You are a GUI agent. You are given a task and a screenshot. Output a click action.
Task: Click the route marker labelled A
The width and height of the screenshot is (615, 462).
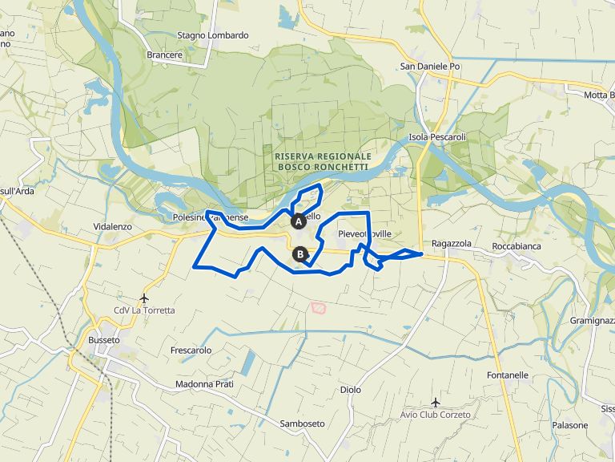point(298,221)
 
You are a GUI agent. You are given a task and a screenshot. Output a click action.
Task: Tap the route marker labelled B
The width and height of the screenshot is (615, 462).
point(300,254)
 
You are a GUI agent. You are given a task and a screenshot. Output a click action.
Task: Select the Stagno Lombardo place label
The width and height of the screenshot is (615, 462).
point(213,35)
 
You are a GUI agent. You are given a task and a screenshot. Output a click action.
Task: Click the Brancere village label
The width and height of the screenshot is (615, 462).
point(165,55)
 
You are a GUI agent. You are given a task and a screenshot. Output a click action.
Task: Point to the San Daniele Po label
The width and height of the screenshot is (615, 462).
point(430,67)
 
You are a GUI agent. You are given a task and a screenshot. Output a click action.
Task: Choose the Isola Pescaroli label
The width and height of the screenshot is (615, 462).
point(437,137)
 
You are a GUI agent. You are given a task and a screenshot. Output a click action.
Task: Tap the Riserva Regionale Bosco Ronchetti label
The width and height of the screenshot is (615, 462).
point(322,161)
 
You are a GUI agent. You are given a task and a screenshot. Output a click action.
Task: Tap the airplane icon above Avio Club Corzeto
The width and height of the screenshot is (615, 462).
point(436,402)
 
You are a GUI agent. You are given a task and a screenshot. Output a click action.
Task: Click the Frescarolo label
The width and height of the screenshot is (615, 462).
point(191,351)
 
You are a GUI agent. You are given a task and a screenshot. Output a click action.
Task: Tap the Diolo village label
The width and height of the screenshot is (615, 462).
point(350,390)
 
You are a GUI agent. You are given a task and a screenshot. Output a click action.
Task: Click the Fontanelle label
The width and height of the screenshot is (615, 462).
point(508,375)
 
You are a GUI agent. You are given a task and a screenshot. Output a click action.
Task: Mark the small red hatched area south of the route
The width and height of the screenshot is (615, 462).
point(318,307)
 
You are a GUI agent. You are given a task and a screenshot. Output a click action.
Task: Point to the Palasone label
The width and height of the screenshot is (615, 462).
point(570,425)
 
